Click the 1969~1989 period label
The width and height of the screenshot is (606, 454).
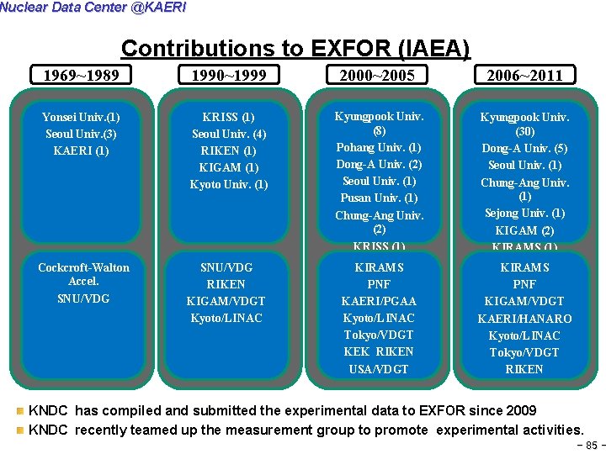click(x=81, y=76)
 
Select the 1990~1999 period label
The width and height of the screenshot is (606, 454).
click(x=228, y=76)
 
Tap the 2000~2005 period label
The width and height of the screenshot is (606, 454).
click(x=376, y=76)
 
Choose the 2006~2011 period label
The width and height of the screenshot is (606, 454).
click(x=523, y=76)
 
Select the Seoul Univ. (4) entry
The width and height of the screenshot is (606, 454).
click(x=228, y=135)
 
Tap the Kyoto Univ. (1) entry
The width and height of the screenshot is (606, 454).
click(x=228, y=185)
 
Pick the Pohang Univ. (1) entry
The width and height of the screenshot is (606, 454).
click(x=379, y=148)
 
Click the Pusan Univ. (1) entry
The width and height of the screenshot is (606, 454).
click(x=379, y=198)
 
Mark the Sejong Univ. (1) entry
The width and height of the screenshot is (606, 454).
click(x=524, y=214)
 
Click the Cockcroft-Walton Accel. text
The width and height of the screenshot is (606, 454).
click(x=83, y=274)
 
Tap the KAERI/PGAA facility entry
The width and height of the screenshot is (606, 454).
click(x=379, y=301)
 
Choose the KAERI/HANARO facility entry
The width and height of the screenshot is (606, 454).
click(x=524, y=319)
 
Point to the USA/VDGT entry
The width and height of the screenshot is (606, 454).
click(x=379, y=369)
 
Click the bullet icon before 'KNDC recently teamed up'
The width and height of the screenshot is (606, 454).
click(x=20, y=430)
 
